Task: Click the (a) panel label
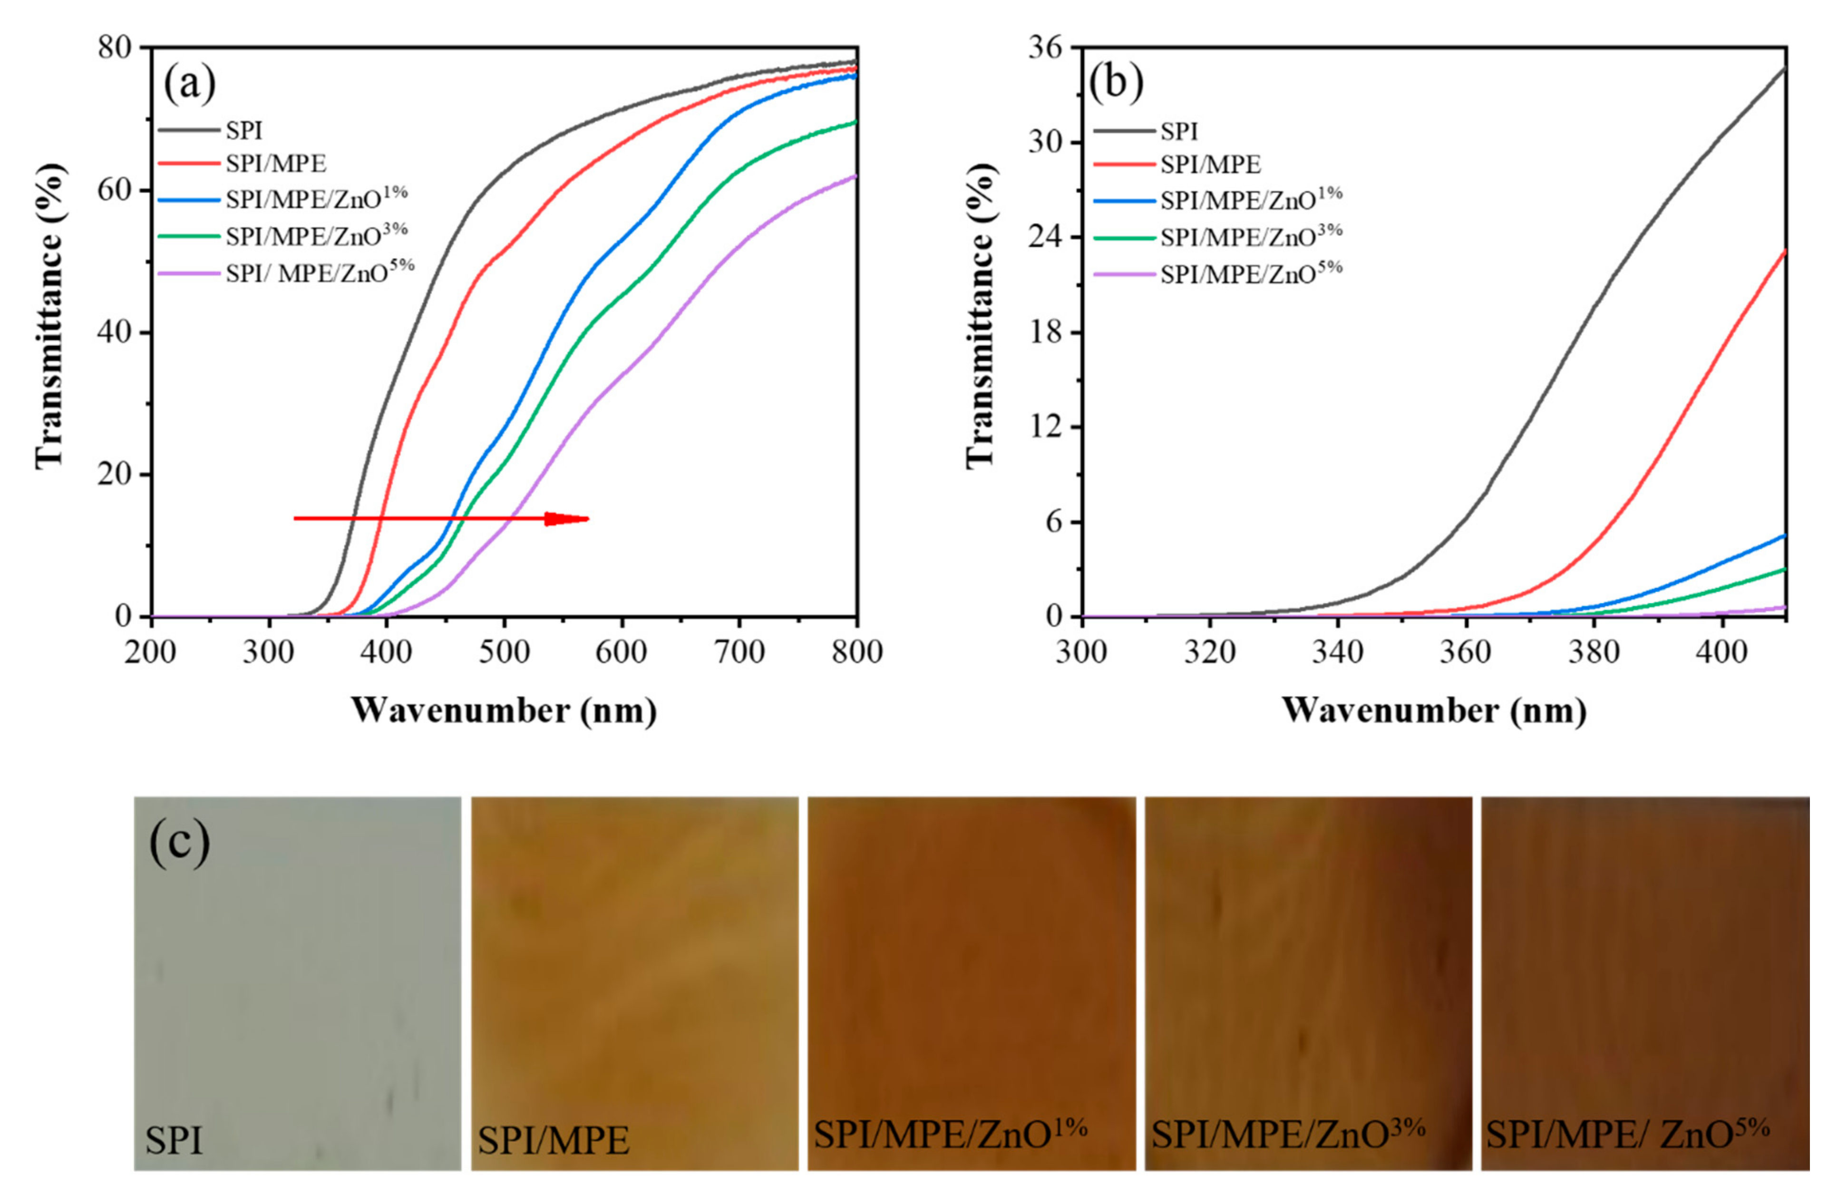click(x=189, y=83)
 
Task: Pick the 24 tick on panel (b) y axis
click(x=1043, y=237)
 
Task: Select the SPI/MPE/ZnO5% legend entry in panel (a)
click(x=320, y=272)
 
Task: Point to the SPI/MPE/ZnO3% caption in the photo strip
click(x=1287, y=1134)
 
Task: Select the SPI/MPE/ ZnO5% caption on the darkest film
click(x=1627, y=1134)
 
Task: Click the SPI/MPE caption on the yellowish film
click(x=553, y=1140)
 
